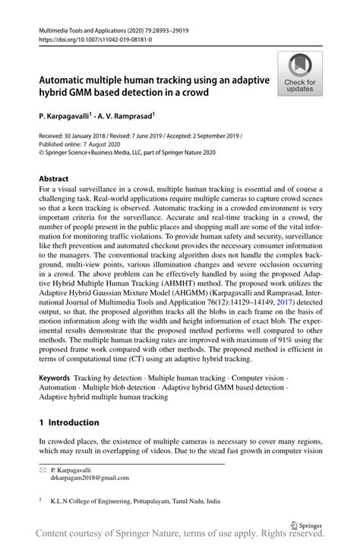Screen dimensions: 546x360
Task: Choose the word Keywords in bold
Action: (55, 377)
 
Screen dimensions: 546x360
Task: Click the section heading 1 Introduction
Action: (69, 422)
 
